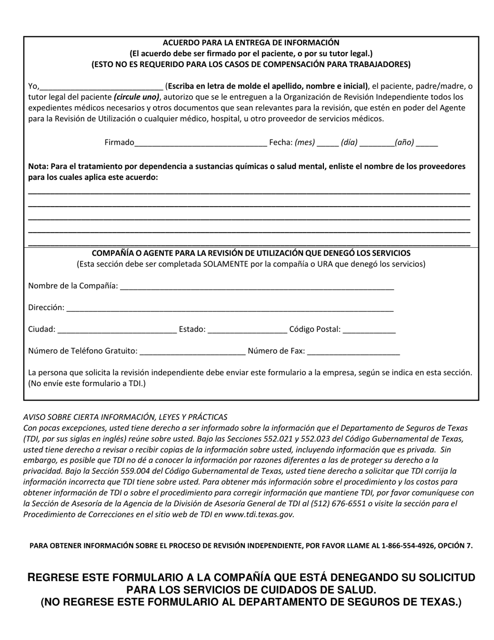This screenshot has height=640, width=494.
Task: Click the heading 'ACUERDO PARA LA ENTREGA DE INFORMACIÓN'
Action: tap(251, 43)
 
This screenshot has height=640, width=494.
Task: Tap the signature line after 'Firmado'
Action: tap(201, 143)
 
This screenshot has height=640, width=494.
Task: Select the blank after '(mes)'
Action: tap(328, 143)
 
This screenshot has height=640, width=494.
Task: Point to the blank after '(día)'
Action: tap(376, 143)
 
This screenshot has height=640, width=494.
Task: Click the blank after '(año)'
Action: tap(427, 143)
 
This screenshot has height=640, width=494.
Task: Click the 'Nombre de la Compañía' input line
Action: tap(257, 286)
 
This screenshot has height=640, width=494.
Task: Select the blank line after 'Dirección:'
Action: tap(230, 308)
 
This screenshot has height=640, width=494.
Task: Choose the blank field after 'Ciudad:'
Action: tap(117, 329)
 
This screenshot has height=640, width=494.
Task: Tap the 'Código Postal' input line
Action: tap(369, 329)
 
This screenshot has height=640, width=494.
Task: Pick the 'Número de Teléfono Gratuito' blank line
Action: tap(192, 351)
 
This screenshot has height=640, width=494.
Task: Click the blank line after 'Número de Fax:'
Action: tap(354, 351)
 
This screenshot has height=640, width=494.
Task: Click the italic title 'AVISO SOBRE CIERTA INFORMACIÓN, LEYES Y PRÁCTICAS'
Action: tap(125, 417)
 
